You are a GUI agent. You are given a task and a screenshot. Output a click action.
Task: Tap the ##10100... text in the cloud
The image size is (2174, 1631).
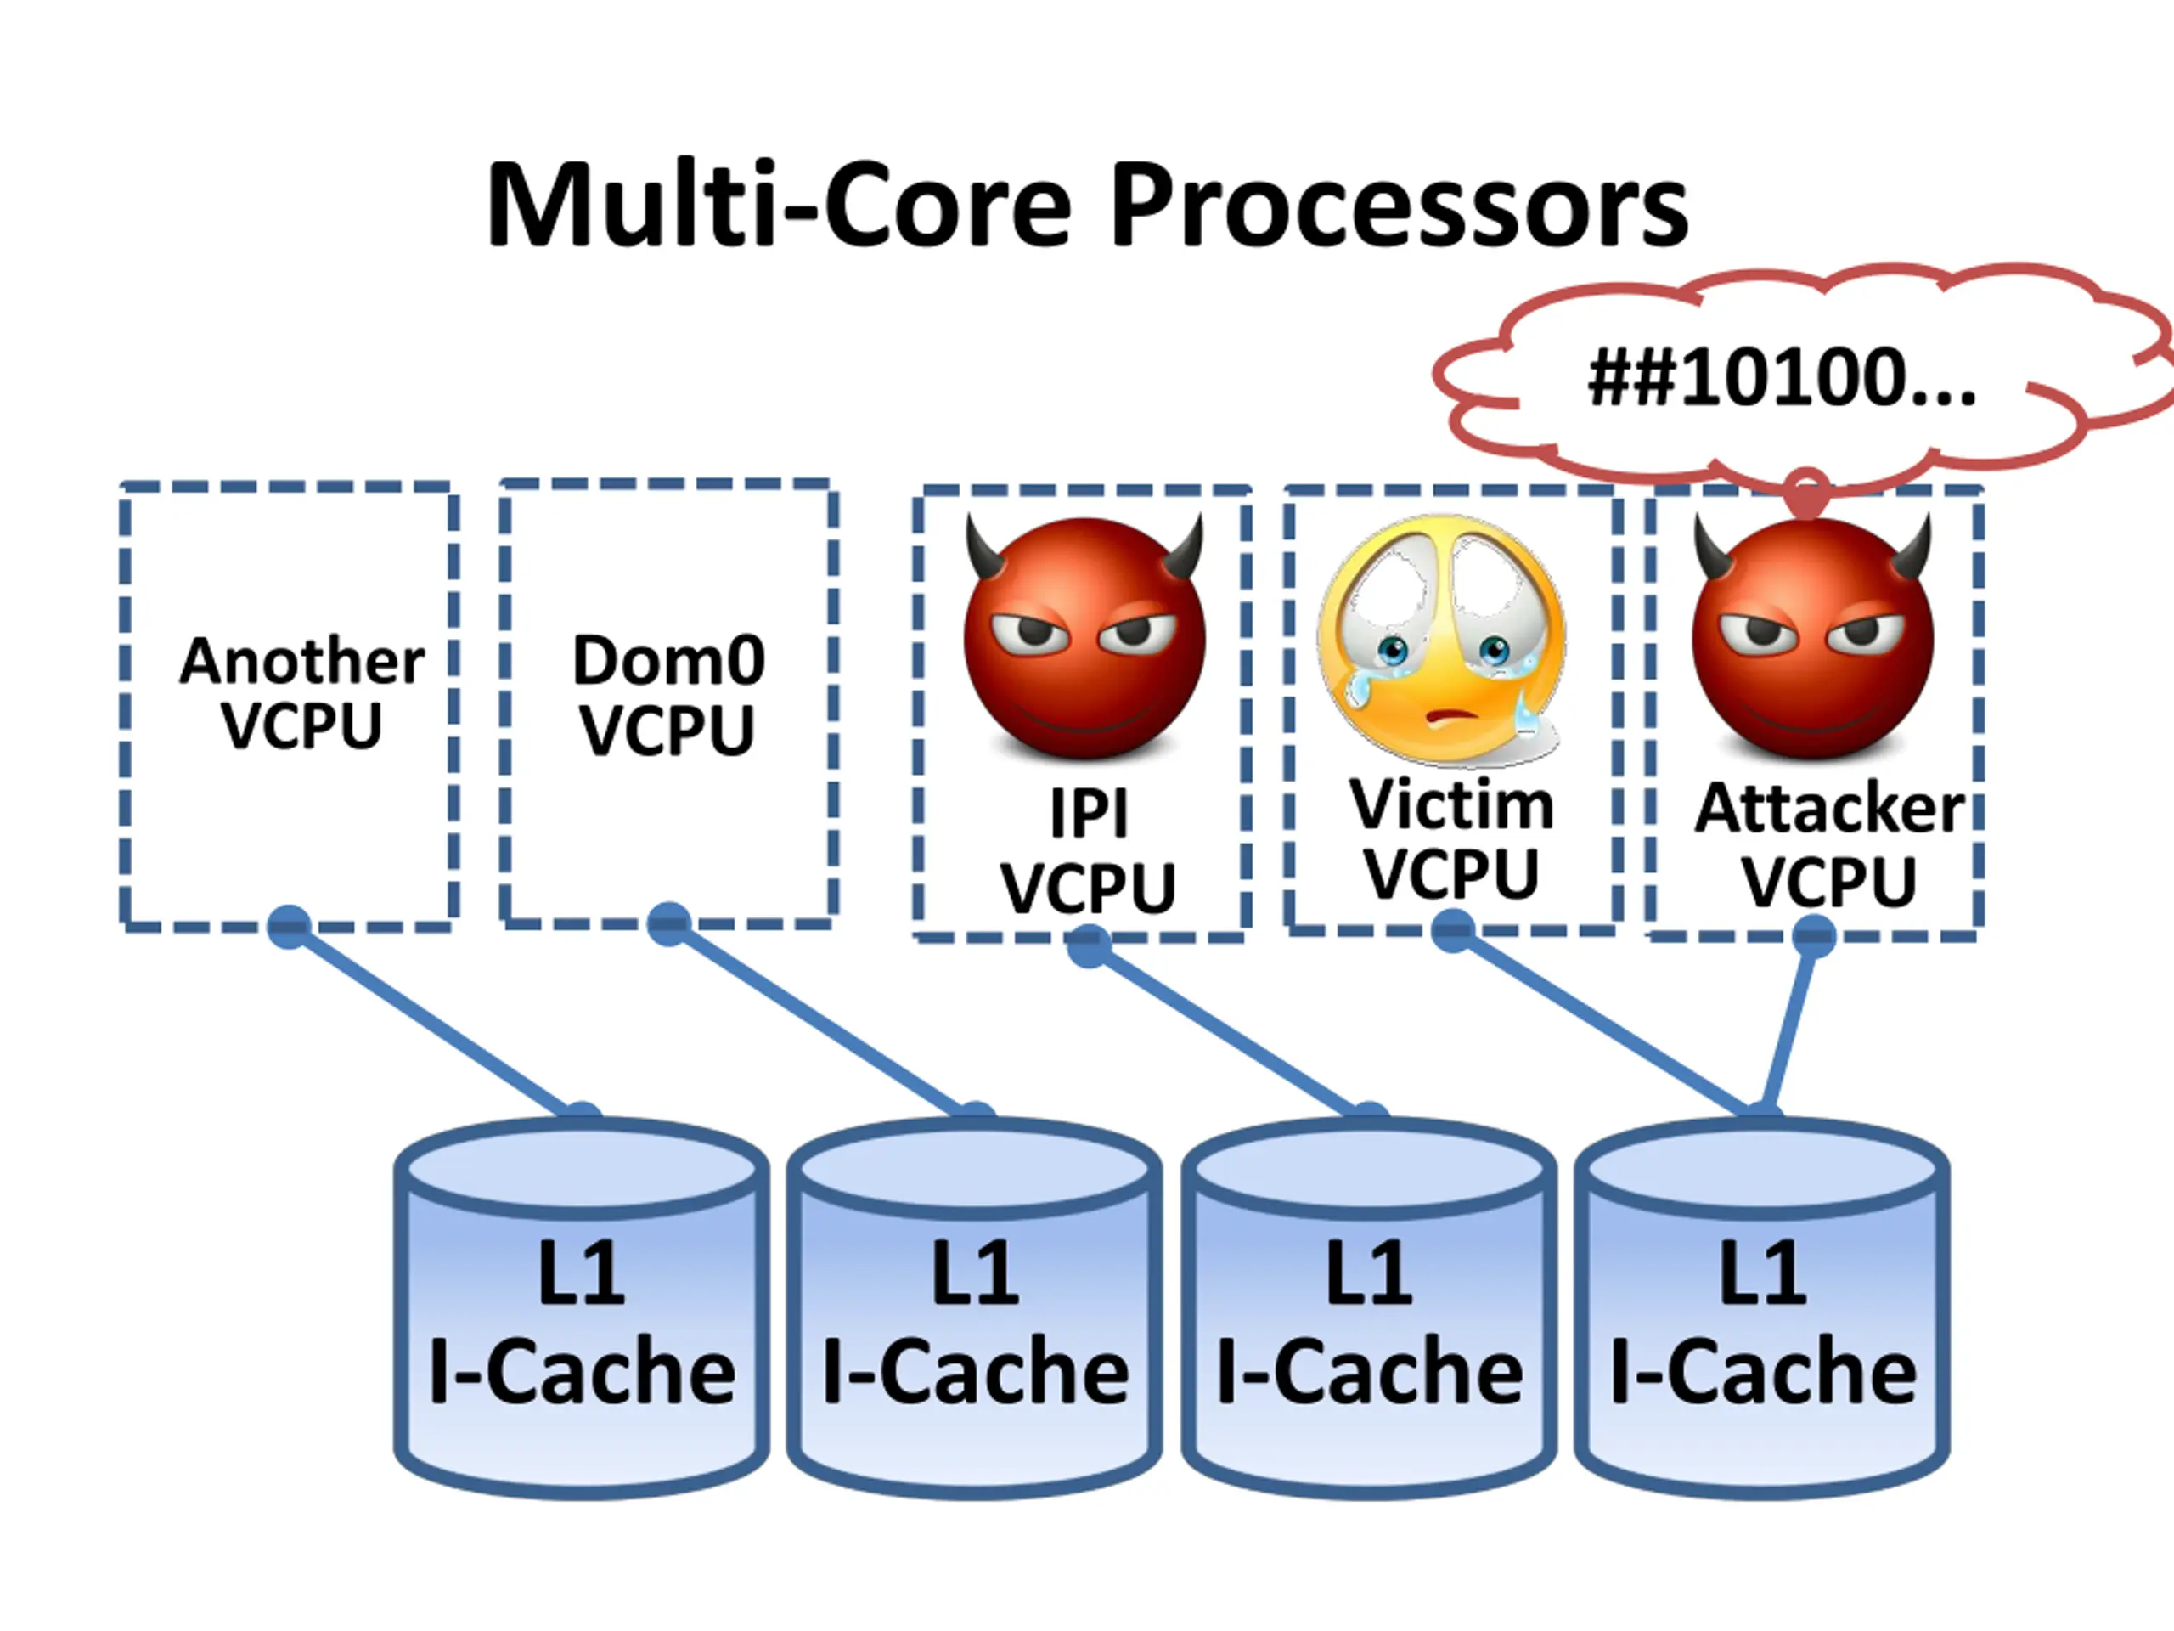pos(1781,379)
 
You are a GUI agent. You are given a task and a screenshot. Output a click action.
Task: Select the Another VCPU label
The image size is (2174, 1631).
pos(301,692)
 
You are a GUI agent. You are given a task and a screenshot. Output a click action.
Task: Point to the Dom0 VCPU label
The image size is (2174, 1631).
pos(668,695)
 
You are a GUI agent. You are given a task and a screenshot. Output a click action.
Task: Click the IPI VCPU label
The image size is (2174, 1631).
pos(1087,851)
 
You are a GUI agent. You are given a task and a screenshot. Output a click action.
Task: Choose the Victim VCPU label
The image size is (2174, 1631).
pos(1450,838)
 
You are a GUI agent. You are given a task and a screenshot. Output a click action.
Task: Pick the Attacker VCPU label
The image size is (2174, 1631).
pos(1828,844)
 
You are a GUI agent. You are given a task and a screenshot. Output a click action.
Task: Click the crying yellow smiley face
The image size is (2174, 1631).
pos(1443,639)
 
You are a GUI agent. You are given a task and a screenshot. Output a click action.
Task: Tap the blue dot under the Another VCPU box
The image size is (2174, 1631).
pos(289,926)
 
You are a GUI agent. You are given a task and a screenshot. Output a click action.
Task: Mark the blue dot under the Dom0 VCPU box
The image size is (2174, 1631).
pos(669,924)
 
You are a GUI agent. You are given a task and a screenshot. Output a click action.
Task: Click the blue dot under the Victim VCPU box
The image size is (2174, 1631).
pos(1453,930)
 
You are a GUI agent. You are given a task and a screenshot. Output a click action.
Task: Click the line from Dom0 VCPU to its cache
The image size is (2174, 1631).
pos(820,1019)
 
